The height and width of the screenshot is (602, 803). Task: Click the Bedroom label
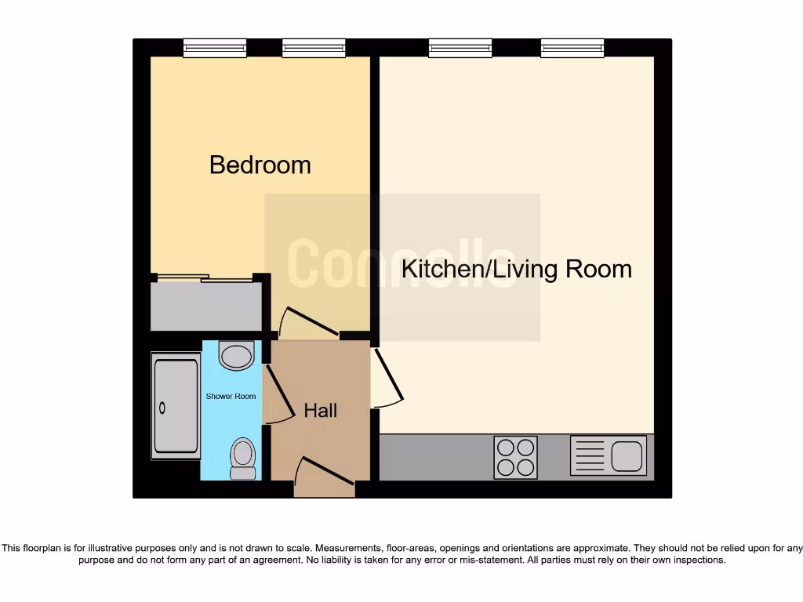pos(260,165)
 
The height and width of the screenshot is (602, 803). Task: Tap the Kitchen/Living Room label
pos(516,269)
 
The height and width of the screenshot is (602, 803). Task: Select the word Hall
pos(320,410)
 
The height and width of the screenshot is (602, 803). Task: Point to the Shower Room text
pos(231,397)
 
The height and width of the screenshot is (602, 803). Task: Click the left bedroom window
pos(215,49)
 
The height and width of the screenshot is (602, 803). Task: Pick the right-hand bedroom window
pos(314,49)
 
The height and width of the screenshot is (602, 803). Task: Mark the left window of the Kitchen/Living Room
pos(460,49)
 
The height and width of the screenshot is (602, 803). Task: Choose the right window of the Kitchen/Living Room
pos(572,49)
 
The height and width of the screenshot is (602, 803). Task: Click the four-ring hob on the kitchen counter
pos(515,457)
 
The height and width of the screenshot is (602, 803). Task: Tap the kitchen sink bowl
pos(627,455)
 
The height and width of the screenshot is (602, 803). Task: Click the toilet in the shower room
pos(243,456)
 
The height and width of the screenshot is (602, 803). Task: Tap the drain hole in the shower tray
pos(163,408)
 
